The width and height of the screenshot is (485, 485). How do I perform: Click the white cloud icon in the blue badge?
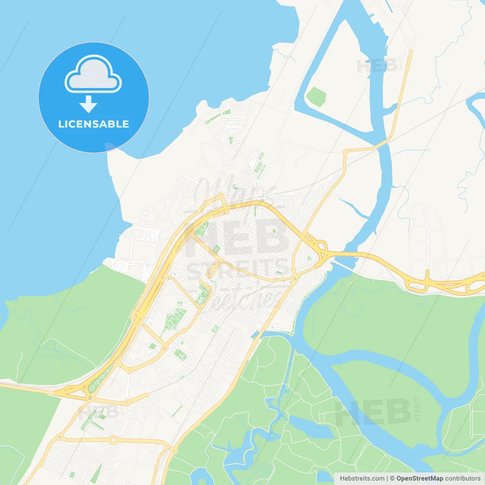coord(93,74)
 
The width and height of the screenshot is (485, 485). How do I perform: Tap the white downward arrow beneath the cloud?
coord(88,104)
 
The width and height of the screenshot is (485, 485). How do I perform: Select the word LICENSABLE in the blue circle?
coord(94,124)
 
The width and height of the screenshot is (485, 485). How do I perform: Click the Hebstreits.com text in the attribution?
coord(362,479)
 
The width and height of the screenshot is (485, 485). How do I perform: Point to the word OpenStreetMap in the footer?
coord(419,479)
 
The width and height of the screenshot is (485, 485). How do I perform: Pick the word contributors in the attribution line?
coord(463,479)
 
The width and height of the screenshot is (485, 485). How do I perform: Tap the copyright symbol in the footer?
coord(392,479)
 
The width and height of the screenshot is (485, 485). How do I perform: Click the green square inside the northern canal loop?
coord(316,97)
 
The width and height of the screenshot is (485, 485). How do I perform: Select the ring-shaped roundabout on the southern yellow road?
coord(113,440)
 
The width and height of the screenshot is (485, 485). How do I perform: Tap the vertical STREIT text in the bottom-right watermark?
coord(417,409)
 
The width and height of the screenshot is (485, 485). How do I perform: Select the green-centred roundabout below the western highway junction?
coord(90,397)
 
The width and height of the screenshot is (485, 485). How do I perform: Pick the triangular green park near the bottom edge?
coord(97,474)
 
